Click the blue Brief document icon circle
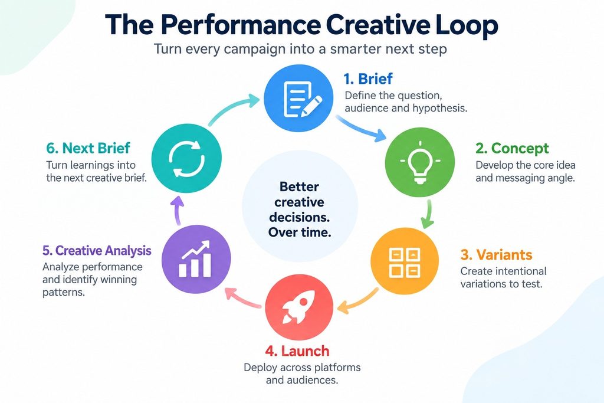pos(298,99)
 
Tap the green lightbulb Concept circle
pos(420,162)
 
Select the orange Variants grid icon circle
pos(405,261)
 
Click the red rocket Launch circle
pos(299,307)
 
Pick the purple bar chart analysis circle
pos(196,259)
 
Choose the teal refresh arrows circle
pos(186,158)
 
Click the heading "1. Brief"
pos(368,78)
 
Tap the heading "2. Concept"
pos(512,148)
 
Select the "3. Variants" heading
pos(496,255)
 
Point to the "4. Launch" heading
pos(297,351)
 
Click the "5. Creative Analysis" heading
pos(97,250)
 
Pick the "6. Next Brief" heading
pos(88,148)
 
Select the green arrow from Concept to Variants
pos(428,214)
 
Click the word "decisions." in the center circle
pos(299,217)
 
